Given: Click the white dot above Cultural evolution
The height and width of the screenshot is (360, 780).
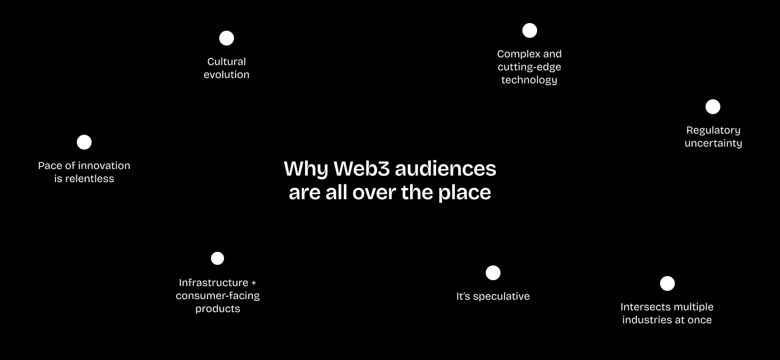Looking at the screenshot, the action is (226, 38).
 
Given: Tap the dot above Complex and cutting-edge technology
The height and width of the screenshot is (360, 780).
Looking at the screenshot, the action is (529, 30).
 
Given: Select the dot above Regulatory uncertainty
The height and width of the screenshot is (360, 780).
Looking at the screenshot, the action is (713, 107).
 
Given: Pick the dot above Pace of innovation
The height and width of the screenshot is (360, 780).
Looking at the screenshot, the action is (84, 142).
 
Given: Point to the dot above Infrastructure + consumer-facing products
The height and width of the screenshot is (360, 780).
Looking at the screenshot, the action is (217, 258).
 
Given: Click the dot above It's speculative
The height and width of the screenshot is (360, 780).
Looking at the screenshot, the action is (493, 273).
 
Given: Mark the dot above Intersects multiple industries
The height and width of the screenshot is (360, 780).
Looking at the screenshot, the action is (667, 284).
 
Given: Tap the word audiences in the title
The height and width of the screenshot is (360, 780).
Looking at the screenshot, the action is (446, 169).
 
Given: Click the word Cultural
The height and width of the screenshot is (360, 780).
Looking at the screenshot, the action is (226, 61).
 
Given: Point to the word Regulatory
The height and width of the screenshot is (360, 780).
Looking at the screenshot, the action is (713, 131).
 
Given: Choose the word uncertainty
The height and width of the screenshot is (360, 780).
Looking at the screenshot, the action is (713, 143).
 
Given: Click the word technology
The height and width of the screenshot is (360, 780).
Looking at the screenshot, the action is (529, 80).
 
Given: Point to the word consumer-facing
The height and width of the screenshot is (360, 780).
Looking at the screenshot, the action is (217, 296).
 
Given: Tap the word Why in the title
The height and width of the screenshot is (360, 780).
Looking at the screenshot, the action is (305, 169).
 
